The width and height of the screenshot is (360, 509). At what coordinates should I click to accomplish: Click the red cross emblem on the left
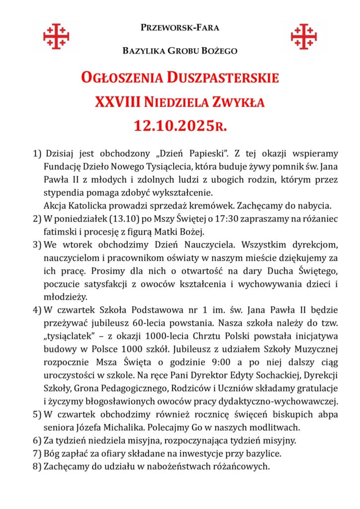point(56,36)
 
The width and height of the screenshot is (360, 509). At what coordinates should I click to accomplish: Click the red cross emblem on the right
point(304,36)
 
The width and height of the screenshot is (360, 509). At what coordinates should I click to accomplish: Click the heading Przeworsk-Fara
point(180,27)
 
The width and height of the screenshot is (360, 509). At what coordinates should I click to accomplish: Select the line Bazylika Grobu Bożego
point(180,51)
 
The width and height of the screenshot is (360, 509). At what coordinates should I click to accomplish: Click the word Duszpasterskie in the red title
point(223,79)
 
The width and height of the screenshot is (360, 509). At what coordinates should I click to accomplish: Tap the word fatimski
point(59,232)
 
